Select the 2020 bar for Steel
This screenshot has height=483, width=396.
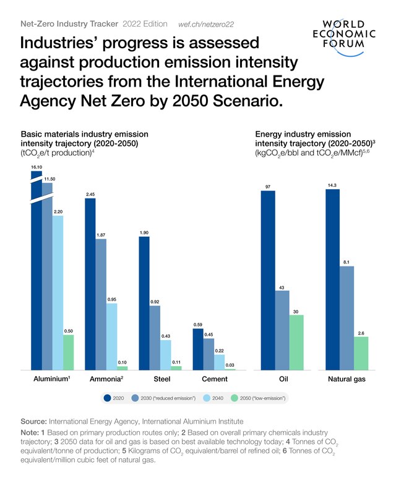(x=144, y=303)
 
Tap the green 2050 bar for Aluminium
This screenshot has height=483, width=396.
(x=68, y=352)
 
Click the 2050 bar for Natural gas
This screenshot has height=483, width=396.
(x=361, y=353)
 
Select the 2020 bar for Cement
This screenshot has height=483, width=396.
(x=198, y=349)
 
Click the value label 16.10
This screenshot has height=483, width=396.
(x=36, y=166)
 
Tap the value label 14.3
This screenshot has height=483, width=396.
(x=332, y=184)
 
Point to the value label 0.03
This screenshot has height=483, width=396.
(x=230, y=365)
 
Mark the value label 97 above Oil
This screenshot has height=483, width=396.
(x=268, y=186)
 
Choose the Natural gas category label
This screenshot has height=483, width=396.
(x=346, y=380)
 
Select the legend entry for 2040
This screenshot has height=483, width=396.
(x=213, y=398)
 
